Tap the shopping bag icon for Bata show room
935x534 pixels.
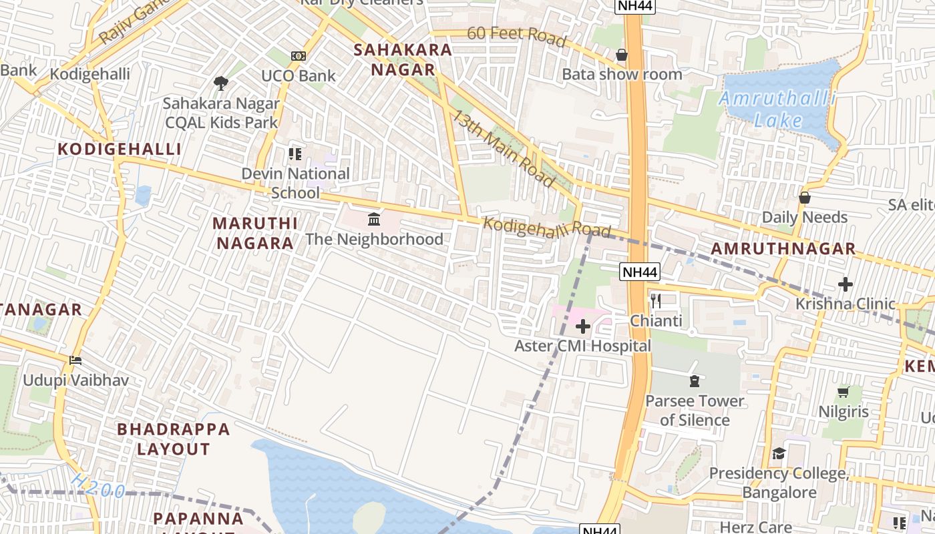click(622, 55)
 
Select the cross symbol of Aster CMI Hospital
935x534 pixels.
click(583, 326)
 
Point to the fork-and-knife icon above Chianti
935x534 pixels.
click(656, 301)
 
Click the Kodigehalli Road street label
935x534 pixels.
click(546, 227)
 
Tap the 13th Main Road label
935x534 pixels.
click(504, 148)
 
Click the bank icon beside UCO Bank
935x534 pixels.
click(299, 56)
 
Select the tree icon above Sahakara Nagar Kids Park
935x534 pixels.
click(221, 83)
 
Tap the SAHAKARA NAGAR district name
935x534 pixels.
click(403, 59)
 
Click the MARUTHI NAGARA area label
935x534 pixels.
click(255, 233)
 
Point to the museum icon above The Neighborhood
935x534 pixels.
click(374, 219)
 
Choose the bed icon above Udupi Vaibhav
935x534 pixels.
click(75, 360)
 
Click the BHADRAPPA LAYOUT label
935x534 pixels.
click(174, 439)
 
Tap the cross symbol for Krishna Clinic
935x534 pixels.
click(846, 284)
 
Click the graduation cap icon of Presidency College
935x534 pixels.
click(779, 454)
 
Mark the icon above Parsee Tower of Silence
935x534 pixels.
click(694, 381)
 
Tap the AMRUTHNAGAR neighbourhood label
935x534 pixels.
click(783, 249)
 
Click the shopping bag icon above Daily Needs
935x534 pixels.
click(805, 198)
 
